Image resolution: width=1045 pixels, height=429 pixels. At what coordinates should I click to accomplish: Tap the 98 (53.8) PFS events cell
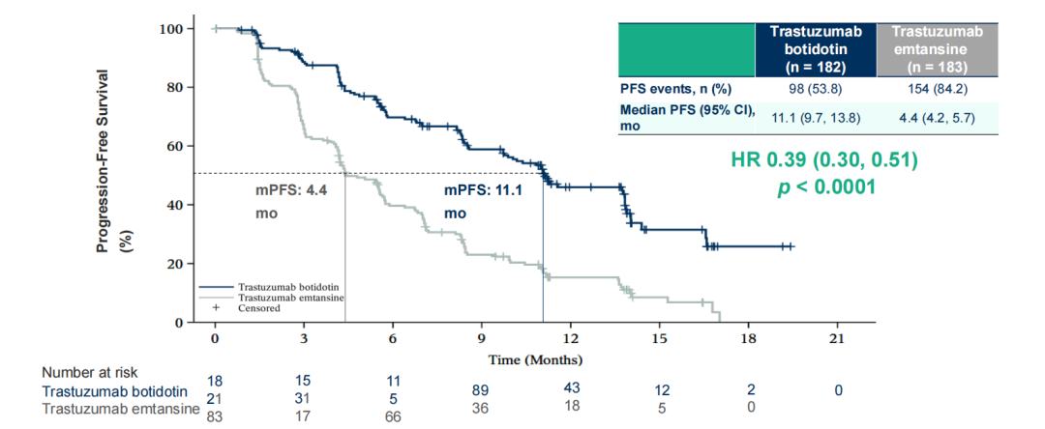click(817, 90)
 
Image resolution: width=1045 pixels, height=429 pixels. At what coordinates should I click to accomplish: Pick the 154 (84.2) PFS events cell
click(937, 90)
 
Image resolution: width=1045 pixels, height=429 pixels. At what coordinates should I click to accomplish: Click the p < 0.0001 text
click(827, 186)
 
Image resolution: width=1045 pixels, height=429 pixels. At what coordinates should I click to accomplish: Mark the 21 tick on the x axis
click(837, 339)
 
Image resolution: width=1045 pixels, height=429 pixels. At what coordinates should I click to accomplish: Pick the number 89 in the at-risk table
click(481, 388)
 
